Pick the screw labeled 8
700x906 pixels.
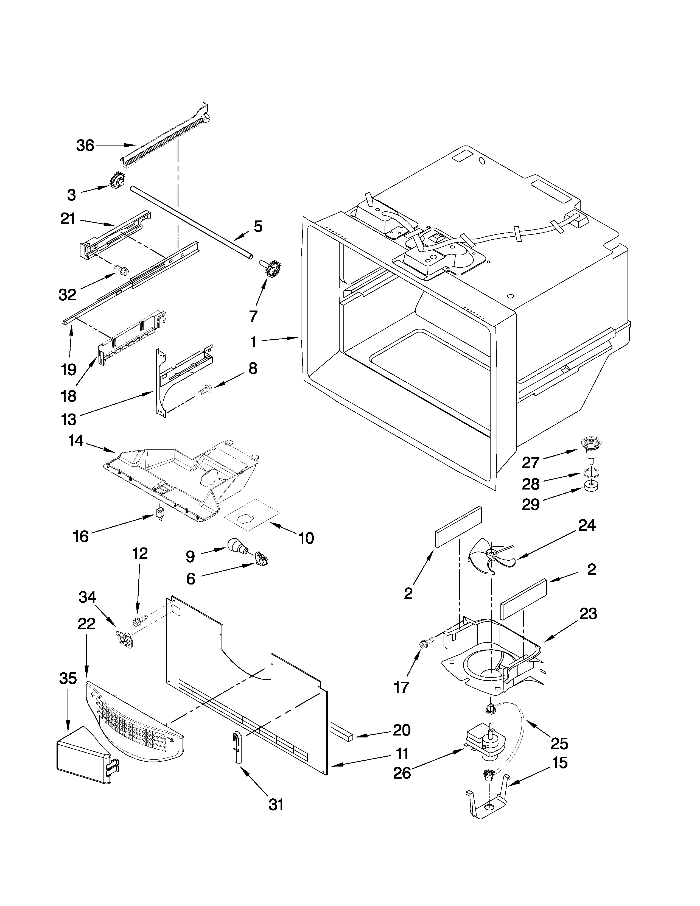point(205,389)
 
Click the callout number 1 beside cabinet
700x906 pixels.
point(253,342)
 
